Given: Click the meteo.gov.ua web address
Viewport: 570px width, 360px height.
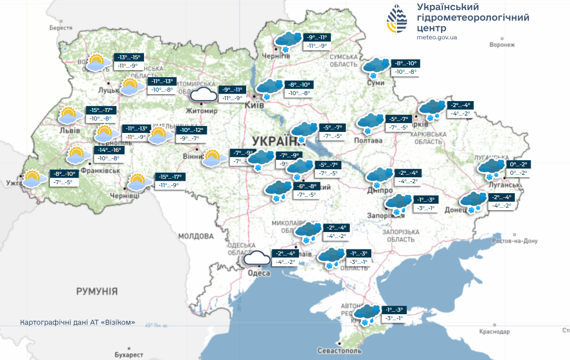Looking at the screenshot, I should pyautogui.click(x=436, y=37).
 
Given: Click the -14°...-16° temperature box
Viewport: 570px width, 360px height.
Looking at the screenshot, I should pyautogui.click(x=108, y=150).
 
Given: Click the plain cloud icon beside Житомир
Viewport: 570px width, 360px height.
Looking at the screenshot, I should pyautogui.click(x=204, y=94).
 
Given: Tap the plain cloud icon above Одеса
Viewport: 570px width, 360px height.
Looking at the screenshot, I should pyautogui.click(x=257, y=258).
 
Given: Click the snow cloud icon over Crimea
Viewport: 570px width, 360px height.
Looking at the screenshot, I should pyautogui.click(x=366, y=314).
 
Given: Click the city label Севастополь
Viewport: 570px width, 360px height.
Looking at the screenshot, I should pyautogui.click(x=339, y=351).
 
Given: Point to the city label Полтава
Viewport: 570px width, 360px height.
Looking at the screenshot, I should pyautogui.click(x=368, y=140).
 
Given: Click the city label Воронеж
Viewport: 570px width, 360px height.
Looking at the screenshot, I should pyautogui.click(x=502, y=45).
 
